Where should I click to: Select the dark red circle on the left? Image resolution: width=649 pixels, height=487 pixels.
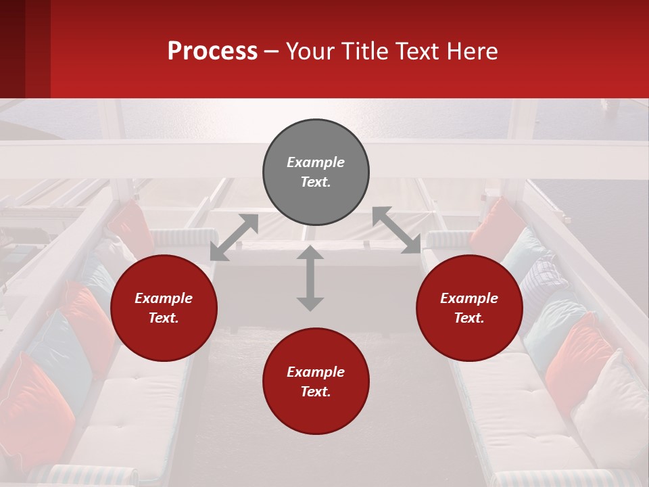pos(164,308)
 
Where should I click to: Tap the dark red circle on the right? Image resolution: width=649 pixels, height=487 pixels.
pos(469,308)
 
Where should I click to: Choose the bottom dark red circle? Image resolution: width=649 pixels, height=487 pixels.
pos(316,381)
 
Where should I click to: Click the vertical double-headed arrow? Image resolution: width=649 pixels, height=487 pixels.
pos(310,278)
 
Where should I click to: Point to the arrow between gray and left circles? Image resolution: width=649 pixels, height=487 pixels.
pos(234,237)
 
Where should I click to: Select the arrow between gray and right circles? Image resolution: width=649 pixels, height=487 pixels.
pos(396,231)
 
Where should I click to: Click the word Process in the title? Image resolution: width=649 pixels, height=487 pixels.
pos(212,51)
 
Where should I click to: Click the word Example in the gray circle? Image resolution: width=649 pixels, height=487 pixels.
pos(316,162)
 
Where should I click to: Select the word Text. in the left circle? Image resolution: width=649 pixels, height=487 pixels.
pos(164,318)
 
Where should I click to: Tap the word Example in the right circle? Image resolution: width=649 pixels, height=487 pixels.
pos(469,298)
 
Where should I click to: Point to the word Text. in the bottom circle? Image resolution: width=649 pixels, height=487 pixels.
pos(316,392)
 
